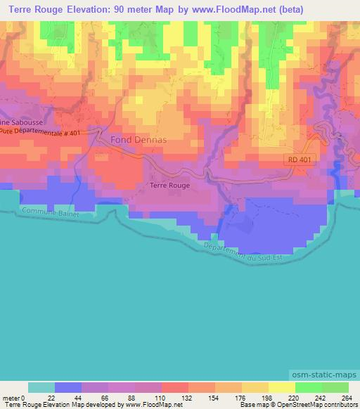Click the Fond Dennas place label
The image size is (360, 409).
click(138, 140)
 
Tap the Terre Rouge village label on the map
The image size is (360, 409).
click(169, 186)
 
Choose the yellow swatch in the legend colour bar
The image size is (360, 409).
click(281, 387)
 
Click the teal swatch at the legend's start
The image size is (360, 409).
click(41, 387)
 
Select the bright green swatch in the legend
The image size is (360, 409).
click(308, 387)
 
